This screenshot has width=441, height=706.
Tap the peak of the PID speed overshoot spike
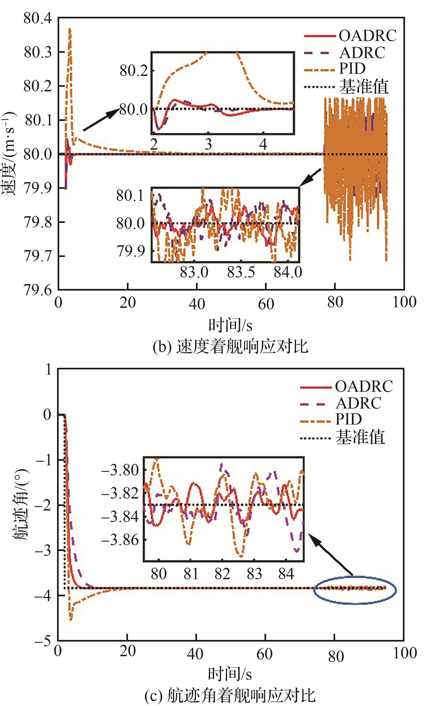tap(70, 28)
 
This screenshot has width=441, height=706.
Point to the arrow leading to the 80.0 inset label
tap(101, 119)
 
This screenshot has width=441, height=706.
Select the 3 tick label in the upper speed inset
tap(208, 144)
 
